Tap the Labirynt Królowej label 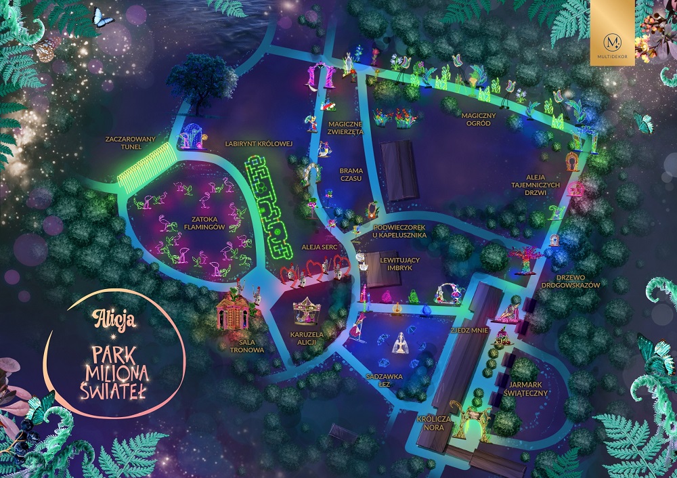tap(259, 144)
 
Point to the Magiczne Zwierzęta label tap(346, 128)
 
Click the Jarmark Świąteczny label tap(525, 388)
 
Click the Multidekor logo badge tap(612, 32)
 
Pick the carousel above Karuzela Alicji tap(307, 313)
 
